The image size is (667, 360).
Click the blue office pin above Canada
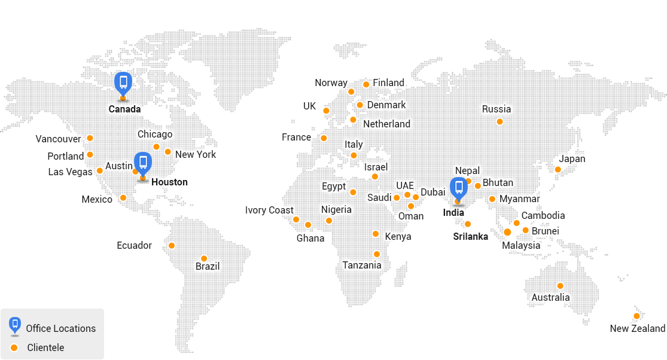[x=123, y=83]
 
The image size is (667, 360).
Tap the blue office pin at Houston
[x=142, y=162]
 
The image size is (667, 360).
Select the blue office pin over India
[x=459, y=188]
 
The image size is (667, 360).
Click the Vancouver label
[x=58, y=139]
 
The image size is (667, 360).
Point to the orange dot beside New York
[x=168, y=152]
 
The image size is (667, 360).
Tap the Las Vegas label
[x=70, y=172]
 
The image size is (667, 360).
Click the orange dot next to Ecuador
[x=172, y=245]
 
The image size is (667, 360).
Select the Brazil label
[x=208, y=266]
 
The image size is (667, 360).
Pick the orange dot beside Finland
[x=366, y=84]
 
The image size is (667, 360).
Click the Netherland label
[x=386, y=124]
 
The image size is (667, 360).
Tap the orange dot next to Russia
[x=500, y=121]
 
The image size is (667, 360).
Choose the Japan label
[x=572, y=159]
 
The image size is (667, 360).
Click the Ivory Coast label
[x=269, y=210]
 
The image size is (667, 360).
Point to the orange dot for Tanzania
[x=376, y=254]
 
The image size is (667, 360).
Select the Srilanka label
[x=470, y=236]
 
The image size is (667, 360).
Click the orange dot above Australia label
[x=560, y=286]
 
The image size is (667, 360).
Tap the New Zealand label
[x=637, y=328]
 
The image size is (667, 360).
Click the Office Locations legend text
[x=60, y=328]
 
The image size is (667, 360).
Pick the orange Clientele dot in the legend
[x=14, y=347]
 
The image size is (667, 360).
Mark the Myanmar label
[x=519, y=199]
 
